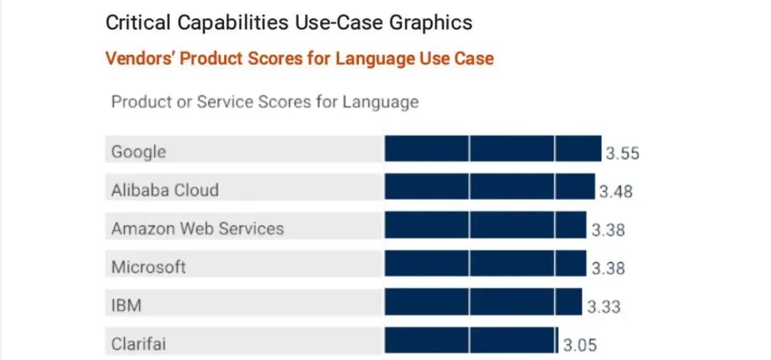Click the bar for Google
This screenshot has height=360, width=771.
point(493,149)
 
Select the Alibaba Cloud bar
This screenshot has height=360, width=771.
point(489,187)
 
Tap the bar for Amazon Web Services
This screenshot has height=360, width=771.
point(485,225)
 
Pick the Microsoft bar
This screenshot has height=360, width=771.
point(485,264)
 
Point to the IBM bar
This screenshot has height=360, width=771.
point(483,301)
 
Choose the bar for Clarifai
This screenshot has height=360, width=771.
point(471,339)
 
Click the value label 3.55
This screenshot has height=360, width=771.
point(623,154)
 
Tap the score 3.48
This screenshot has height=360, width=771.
point(615,192)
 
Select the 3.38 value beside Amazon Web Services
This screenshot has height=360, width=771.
point(608,230)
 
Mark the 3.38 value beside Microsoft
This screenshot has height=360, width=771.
point(608,269)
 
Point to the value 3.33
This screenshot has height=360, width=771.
point(604,307)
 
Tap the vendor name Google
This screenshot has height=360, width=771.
point(138,152)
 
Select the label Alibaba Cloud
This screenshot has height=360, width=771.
point(165,191)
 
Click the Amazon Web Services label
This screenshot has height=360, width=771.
point(198,229)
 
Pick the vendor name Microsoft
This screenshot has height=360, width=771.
point(148,267)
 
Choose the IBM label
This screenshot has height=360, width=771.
point(126,306)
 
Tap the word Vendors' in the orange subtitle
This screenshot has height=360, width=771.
point(139,59)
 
